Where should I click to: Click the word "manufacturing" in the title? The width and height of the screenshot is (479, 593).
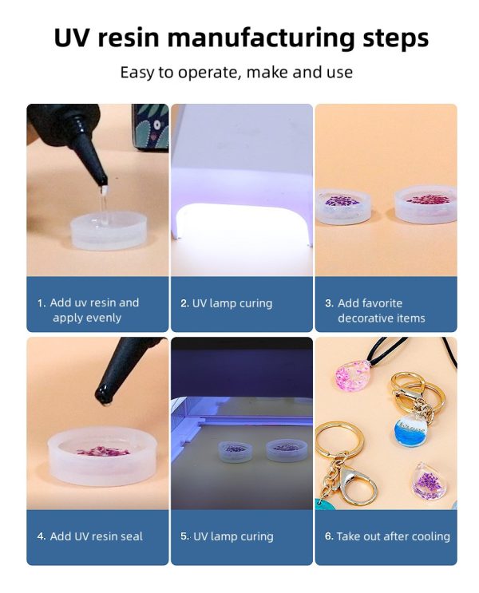pyautogui.click(x=260, y=38)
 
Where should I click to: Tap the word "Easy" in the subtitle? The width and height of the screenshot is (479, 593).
pyautogui.click(x=137, y=73)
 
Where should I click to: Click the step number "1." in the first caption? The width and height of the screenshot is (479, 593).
pyautogui.click(x=42, y=303)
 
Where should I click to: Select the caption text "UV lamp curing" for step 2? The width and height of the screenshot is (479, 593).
pyautogui.click(x=232, y=303)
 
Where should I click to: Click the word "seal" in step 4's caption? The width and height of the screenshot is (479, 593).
pyautogui.click(x=131, y=536)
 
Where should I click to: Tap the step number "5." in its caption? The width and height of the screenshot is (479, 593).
pyautogui.click(x=185, y=536)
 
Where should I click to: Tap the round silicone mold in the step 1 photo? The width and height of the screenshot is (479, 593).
pyautogui.click(x=113, y=231)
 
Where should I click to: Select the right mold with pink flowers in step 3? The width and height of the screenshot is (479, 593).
pyautogui.click(x=426, y=207)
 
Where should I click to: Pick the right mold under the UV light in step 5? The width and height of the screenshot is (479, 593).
pyautogui.click(x=285, y=450)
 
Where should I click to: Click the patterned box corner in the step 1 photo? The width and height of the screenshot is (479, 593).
pyautogui.click(x=150, y=127)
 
